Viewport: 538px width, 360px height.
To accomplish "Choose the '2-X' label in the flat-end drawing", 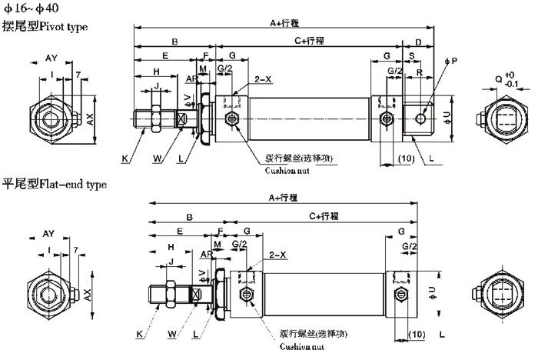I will click(x=277, y=255).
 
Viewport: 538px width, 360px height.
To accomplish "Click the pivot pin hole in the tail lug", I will click(x=420, y=117).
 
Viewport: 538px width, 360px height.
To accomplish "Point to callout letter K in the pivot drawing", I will click(x=125, y=158).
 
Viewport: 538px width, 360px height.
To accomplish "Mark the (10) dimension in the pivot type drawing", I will click(x=407, y=158).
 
